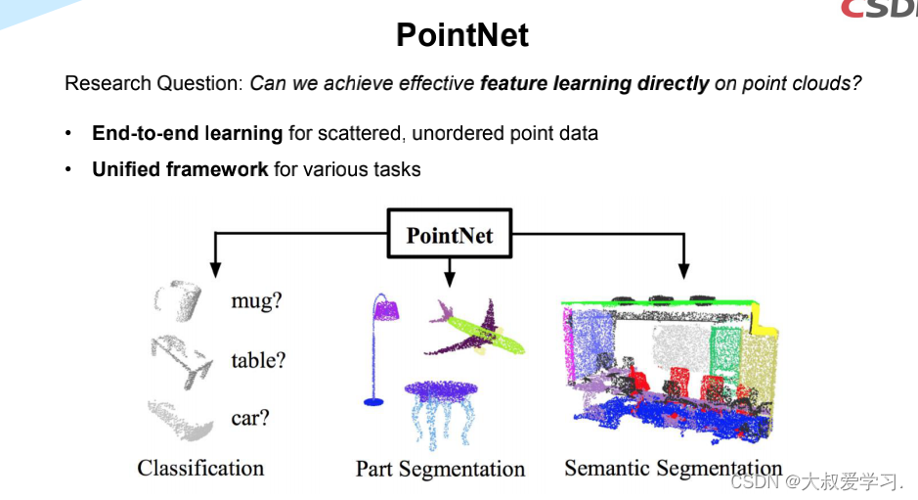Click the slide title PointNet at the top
[461, 35]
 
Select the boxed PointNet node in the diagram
[449, 235]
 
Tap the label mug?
[256, 300]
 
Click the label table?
[258, 360]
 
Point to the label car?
[250, 418]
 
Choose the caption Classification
[200, 468]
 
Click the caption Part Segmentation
[440, 469]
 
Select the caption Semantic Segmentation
[673, 468]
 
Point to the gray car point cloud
[180, 419]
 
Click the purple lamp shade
[385, 309]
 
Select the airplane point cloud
[474, 329]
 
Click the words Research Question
[152, 83]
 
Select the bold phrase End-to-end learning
[187, 133]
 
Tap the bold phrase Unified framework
[180, 169]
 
